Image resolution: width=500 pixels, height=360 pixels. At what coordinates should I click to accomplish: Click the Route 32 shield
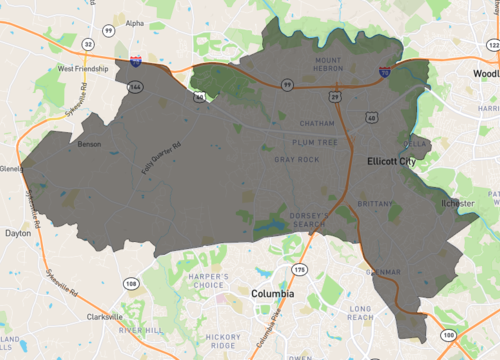(x=89, y=45)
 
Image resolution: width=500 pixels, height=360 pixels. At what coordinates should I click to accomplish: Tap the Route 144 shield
(x=135, y=87)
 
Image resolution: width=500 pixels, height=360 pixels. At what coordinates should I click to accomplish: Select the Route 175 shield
(x=298, y=270)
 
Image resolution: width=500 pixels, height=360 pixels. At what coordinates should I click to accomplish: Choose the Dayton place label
(x=18, y=232)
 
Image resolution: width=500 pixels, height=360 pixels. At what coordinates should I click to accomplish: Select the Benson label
(x=89, y=144)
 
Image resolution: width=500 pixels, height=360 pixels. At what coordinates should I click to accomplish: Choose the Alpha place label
(x=134, y=22)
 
